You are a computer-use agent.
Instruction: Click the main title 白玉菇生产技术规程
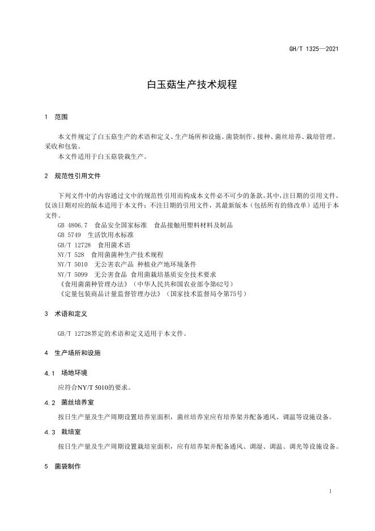pyautogui.click(x=187, y=85)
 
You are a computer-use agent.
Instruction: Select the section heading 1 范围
pyautogui.click(x=56, y=117)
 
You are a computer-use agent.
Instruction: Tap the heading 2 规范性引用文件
pyautogui.click(x=72, y=176)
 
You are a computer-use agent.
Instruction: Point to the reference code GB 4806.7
pyautogui.click(x=73, y=225)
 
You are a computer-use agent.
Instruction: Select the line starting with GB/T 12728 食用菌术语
pyautogui.click(x=93, y=245)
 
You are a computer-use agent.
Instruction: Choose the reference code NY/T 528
pyautogui.click(x=71, y=255)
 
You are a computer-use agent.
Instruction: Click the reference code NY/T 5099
pyautogui.click(x=73, y=274)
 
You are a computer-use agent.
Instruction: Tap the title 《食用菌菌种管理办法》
pyautogui.click(x=93, y=284)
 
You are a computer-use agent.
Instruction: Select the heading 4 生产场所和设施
pyautogui.click(x=72, y=353)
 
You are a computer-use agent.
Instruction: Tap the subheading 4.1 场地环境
pyautogui.click(x=66, y=373)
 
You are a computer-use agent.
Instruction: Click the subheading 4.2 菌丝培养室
pyautogui.click(x=69, y=402)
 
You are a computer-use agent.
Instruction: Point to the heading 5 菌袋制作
pyautogui.click(x=62, y=466)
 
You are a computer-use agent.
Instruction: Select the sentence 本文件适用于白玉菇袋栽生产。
pyautogui.click(x=103, y=156)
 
